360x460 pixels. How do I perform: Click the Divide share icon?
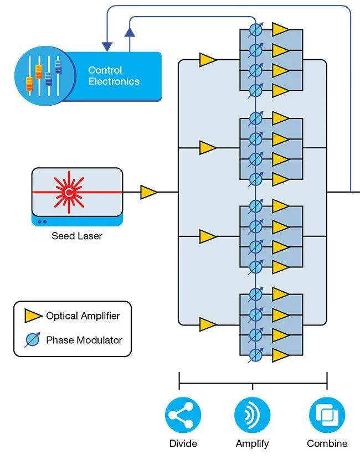183,415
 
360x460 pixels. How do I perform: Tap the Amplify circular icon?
253,415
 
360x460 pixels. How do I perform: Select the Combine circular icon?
327,415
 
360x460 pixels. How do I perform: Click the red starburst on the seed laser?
69,192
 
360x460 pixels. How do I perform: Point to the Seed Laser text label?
77,236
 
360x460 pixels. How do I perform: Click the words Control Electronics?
114,76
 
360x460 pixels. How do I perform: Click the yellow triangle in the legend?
33,316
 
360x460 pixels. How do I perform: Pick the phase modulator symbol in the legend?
33,340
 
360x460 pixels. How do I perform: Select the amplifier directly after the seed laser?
148,192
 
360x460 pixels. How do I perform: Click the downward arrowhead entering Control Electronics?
107,46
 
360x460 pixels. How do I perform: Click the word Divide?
183,443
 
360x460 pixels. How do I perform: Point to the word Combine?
327,443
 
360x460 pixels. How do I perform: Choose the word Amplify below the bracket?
253,443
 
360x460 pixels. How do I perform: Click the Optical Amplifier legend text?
83,316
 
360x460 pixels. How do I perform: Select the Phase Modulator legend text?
84,340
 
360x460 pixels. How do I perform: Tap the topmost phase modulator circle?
255,30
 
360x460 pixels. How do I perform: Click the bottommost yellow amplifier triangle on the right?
280,355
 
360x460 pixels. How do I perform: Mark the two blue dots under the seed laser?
43,221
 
